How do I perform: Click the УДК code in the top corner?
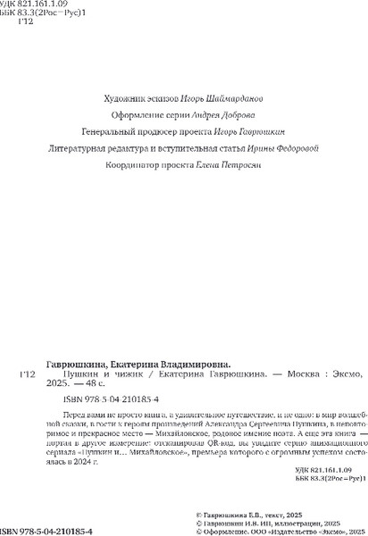coord(27,7)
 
